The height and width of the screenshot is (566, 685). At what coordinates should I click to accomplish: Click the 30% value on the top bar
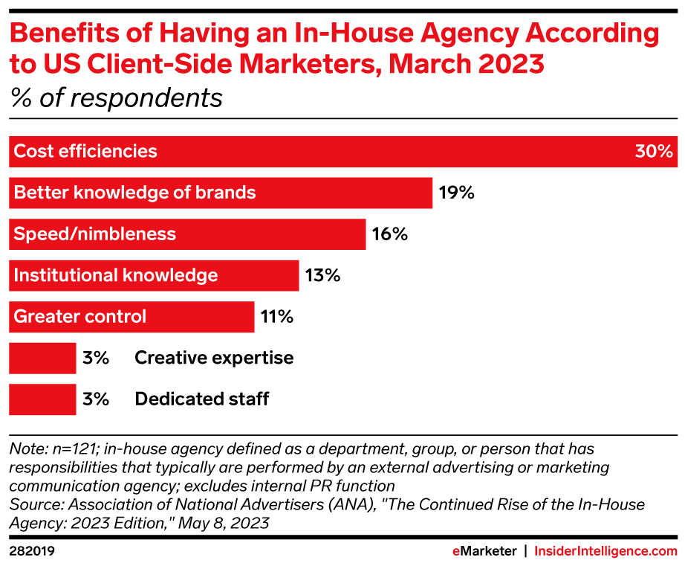653,152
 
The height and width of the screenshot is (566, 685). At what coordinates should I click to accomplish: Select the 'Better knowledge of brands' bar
221,193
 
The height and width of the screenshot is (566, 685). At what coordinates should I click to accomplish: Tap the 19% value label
455,193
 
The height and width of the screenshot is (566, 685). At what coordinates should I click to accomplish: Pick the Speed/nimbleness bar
187,234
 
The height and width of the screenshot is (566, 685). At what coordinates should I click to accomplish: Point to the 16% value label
389,234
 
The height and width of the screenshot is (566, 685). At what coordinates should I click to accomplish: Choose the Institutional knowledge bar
154,275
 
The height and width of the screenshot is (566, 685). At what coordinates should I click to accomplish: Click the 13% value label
322,276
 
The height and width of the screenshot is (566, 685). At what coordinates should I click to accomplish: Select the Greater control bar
132,317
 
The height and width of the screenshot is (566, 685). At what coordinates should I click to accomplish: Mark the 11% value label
277,317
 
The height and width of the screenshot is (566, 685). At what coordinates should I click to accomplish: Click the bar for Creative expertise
42,358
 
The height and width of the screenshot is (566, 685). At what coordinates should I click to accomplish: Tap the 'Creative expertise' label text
214,358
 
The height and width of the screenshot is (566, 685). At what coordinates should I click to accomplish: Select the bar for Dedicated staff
42,399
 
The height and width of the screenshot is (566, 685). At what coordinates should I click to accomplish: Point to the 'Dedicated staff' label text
201,399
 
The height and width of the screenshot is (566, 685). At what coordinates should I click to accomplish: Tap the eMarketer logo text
484,551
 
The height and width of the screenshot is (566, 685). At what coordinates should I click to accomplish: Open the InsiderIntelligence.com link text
606,551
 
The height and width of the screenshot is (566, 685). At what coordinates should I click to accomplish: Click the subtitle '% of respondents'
116,98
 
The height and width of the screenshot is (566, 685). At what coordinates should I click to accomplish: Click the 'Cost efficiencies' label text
85,152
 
